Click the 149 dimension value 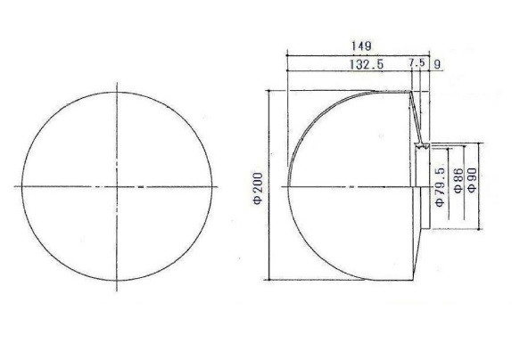tap(361, 45)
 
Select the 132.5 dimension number tap(367, 64)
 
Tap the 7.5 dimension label tap(417, 62)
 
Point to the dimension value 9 tap(437, 64)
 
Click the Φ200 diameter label tap(259, 189)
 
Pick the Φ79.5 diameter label tap(441, 187)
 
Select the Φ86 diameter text tap(458, 180)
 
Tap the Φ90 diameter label tap(473, 180)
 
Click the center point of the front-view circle tap(117, 186)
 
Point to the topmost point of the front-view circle tap(117, 92)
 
